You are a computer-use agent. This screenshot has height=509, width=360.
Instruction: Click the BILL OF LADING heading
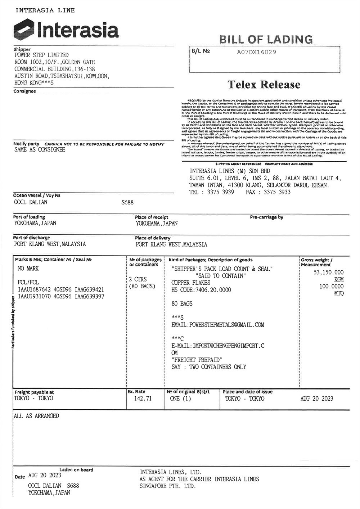pyautogui.click(x=266, y=39)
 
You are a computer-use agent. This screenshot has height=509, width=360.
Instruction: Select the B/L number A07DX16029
pyautogui.click(x=256, y=52)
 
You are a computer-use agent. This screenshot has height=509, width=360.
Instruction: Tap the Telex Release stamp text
pyautogui.click(x=264, y=85)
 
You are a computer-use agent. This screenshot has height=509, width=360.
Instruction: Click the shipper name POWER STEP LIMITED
pyautogui.click(x=41, y=55)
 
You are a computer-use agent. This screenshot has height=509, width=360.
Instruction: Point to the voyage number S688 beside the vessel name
pyautogui.click(x=127, y=202)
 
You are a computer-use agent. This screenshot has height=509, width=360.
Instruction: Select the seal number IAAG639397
pyautogui.click(x=90, y=297)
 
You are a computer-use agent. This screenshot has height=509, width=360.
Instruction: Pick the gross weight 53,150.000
pyautogui.click(x=329, y=272)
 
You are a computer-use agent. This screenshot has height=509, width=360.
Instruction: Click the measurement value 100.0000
pyautogui.click(x=331, y=287)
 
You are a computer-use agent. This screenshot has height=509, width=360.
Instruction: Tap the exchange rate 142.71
pyautogui.click(x=143, y=398)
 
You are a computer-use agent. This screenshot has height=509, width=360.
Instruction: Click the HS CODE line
pyautogui.click(x=201, y=290)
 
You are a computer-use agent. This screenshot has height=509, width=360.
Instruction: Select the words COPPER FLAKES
pyautogui.click(x=191, y=283)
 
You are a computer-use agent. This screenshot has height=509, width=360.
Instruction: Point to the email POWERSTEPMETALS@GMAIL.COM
pyautogui.click(x=218, y=325)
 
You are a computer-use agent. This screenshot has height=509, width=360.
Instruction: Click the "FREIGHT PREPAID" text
pyautogui.click(x=197, y=360)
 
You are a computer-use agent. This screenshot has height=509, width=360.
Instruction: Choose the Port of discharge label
pyautogui.click(x=31, y=238)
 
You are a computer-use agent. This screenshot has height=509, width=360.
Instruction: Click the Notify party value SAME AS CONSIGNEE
pyautogui.click(x=40, y=150)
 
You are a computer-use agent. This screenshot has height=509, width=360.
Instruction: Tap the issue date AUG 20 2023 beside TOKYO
pyautogui.click(x=317, y=398)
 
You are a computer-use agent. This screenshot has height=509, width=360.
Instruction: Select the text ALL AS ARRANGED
pyautogui.click(x=36, y=416)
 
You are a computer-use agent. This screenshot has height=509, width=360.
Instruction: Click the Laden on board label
pyautogui.click(x=76, y=470)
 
